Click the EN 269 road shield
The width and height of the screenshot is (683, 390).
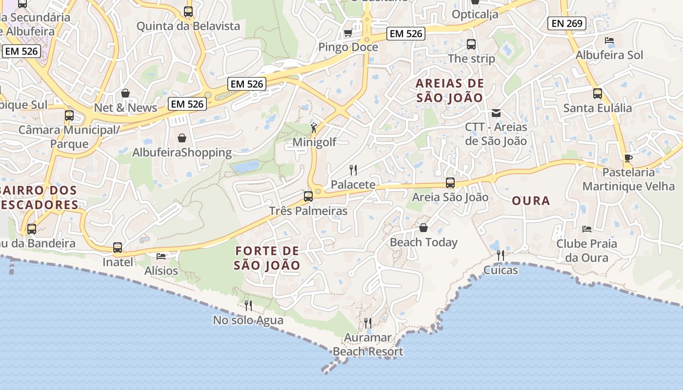point(566,23)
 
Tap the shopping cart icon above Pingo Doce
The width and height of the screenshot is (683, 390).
point(348,33)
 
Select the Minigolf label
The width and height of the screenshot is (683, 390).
point(314,142)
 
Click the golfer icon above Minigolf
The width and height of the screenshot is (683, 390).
point(314,128)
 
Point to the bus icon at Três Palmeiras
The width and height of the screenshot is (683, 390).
point(308,196)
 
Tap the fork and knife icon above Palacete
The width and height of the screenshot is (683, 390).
point(353,170)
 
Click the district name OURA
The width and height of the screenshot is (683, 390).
point(531,201)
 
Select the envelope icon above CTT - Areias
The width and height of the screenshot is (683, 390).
point(496,113)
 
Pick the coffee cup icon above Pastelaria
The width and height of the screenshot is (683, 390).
point(628,158)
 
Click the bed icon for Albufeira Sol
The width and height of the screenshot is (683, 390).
point(609,40)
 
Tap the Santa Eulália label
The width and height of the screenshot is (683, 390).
point(597,108)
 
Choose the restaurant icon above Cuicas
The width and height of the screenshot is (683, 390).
point(501,255)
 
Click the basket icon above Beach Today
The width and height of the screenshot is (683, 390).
point(423,228)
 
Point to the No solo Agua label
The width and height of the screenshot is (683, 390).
point(248,320)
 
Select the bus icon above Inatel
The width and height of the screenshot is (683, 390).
point(118,248)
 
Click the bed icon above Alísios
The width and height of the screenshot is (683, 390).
point(161,256)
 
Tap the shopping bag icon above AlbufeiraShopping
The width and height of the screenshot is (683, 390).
point(182,138)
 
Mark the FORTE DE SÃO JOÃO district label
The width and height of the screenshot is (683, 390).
point(267,258)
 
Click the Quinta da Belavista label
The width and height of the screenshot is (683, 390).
point(188,26)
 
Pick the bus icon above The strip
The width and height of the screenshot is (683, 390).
point(471,44)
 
